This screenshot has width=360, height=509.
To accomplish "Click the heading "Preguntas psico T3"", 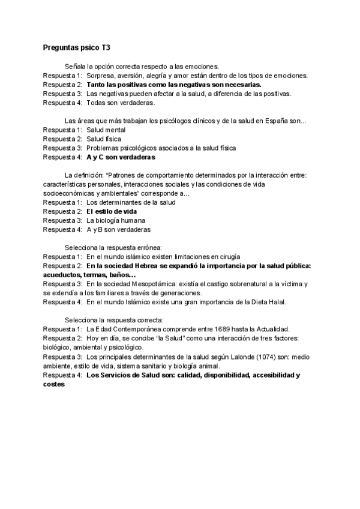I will pos(76,46).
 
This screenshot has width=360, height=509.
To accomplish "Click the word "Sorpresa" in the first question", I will pos(101,76).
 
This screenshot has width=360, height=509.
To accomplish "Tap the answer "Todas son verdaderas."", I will pos(116,103).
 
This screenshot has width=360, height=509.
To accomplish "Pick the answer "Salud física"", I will pos(103,139).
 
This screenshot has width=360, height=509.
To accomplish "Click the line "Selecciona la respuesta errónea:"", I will pos(113,247).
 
